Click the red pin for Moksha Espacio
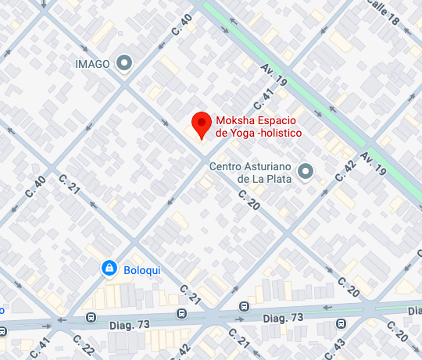(202, 124)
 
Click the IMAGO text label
(92, 63)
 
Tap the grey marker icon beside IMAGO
(124, 63)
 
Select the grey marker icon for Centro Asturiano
(306, 170)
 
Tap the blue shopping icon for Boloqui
(110, 269)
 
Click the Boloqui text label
(142, 270)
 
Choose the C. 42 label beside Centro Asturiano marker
(344, 169)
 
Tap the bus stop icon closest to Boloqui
(91, 319)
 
